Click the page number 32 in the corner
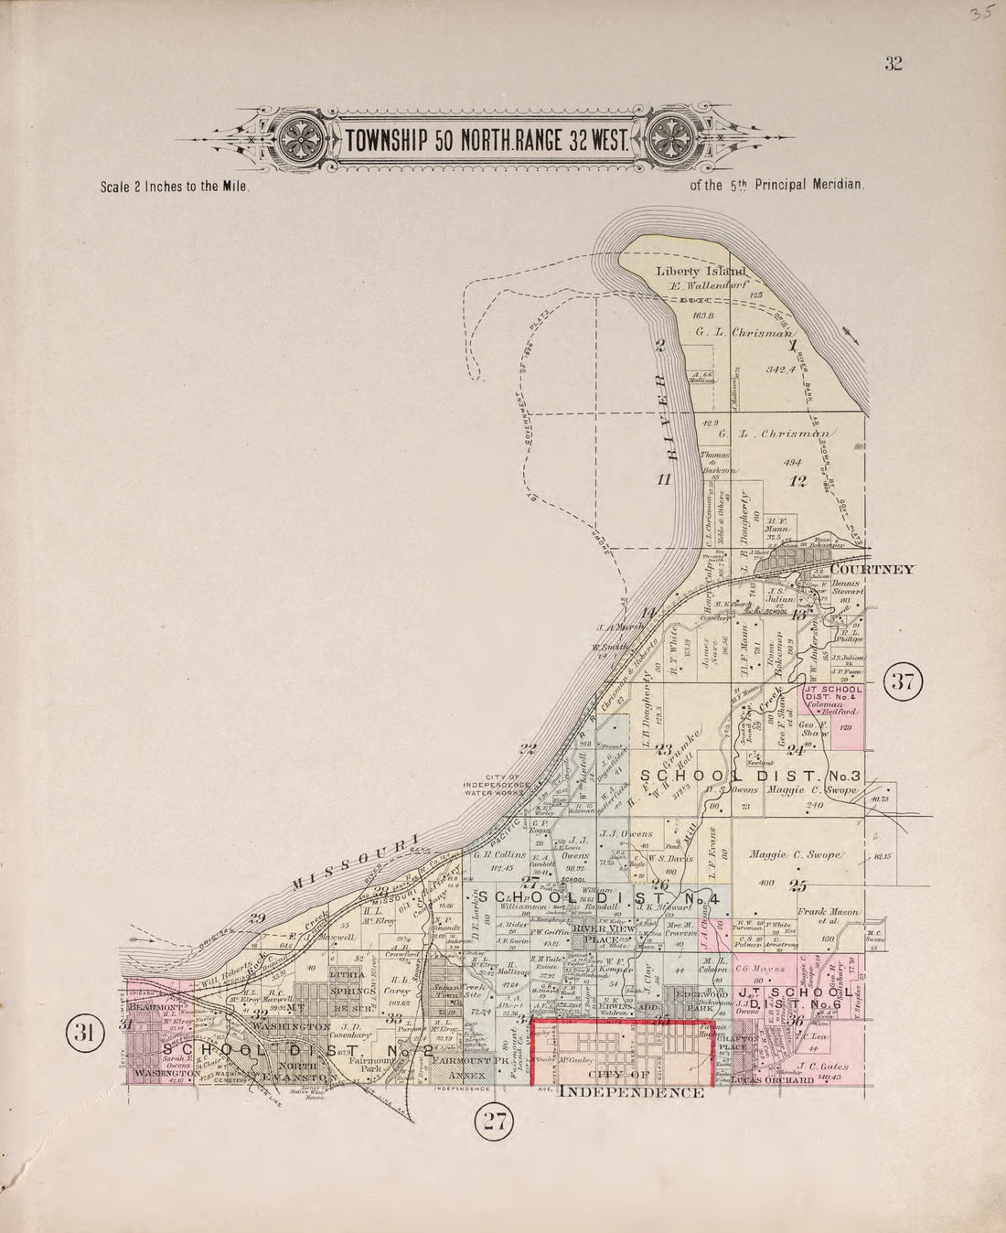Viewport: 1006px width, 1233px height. pyautogui.click(x=894, y=63)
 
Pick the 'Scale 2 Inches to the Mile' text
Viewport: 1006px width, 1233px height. pyautogui.click(x=175, y=186)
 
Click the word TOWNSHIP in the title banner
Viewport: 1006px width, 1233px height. pyautogui.click(x=388, y=143)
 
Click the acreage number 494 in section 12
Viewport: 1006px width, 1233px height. pyautogui.click(x=791, y=463)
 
